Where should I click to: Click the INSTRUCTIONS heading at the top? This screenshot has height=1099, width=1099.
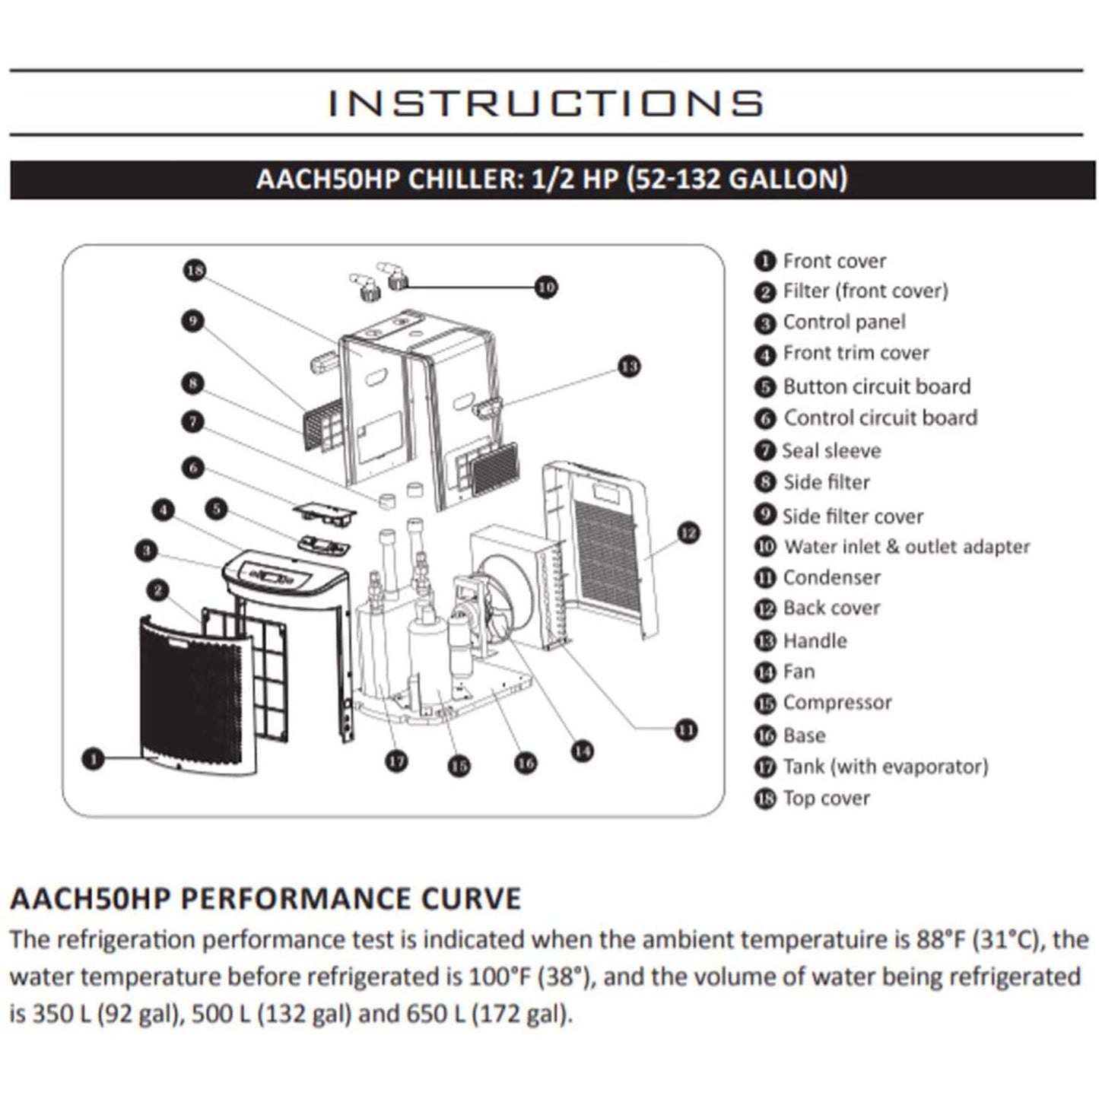545,103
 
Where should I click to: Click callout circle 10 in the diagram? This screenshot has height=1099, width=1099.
545,287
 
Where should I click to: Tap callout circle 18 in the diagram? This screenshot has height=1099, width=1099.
195,270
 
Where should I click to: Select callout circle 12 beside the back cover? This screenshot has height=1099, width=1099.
688,533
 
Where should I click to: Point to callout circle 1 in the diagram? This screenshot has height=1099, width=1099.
93,758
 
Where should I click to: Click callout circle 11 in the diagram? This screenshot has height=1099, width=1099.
686,730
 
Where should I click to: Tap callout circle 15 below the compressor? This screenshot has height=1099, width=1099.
458,766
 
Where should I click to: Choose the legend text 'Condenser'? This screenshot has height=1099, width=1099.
831,578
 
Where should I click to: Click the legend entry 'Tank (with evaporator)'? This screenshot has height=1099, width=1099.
885,767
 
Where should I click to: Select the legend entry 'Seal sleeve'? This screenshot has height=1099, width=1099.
831,451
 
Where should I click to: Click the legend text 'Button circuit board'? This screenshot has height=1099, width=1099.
876,386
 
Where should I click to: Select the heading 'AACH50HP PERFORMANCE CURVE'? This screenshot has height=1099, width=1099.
265,898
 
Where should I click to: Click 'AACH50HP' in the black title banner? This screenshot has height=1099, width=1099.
328,179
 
